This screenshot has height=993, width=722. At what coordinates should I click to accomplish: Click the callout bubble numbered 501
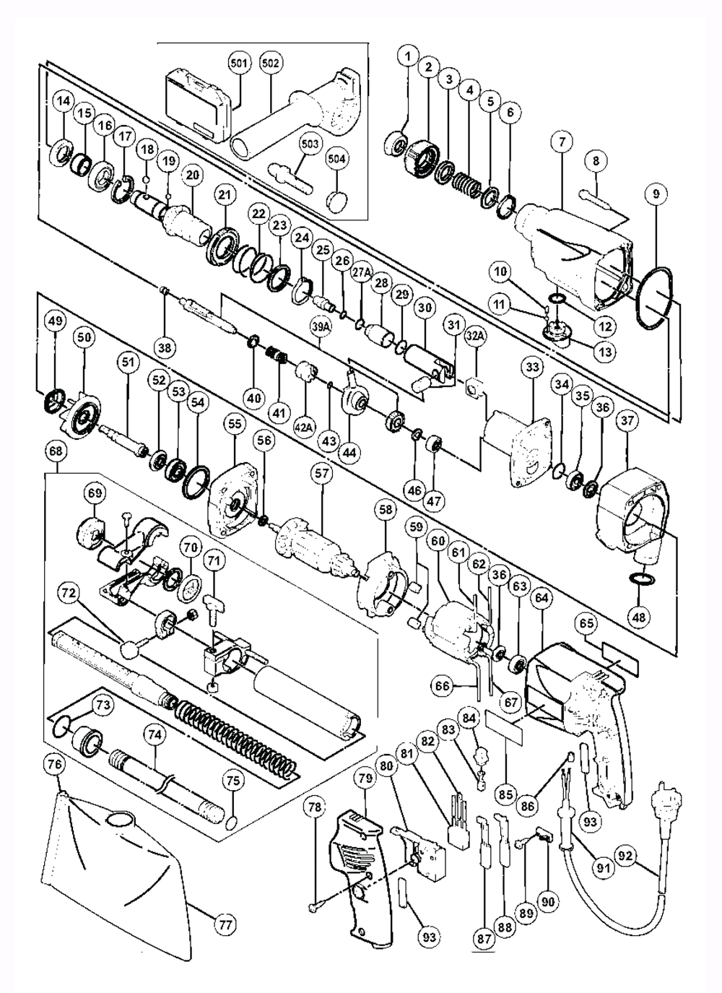[240, 63]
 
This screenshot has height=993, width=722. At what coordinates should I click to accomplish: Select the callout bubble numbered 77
[225, 924]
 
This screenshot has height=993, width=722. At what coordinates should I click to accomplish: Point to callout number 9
[656, 194]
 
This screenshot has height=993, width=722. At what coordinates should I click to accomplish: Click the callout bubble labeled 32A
[474, 337]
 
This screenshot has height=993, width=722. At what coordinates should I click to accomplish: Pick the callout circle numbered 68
[56, 451]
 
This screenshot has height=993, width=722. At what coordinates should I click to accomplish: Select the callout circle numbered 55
[235, 424]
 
